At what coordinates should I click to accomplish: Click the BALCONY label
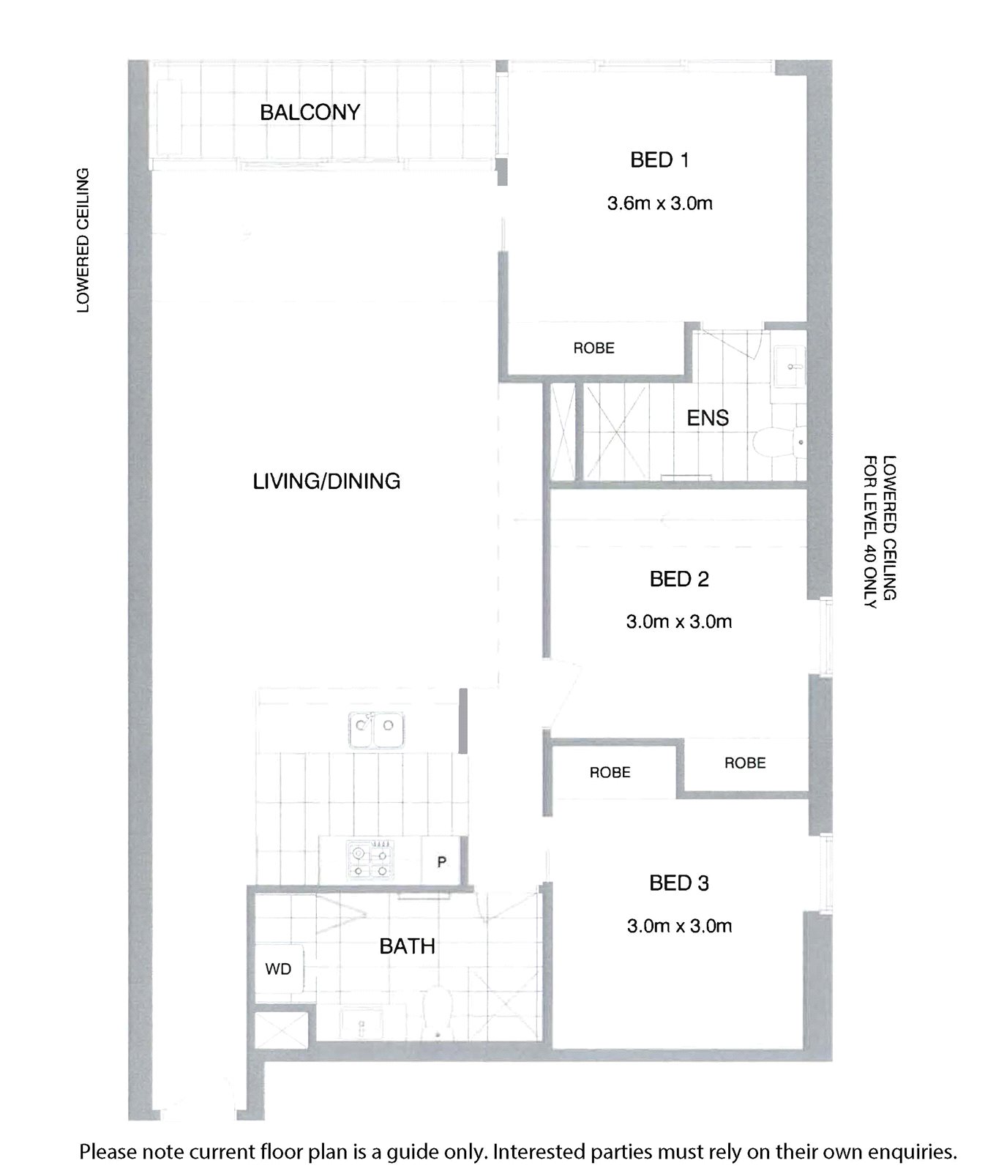tap(310, 113)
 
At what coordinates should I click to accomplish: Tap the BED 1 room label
tap(659, 160)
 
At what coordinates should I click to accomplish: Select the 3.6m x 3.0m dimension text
tap(659, 203)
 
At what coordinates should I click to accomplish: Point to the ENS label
tap(708, 418)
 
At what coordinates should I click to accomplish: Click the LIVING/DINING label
tap(326, 481)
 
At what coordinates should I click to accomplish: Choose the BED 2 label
tap(679, 579)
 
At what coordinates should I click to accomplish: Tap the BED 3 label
tap(679, 883)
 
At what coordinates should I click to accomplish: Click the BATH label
tap(407, 946)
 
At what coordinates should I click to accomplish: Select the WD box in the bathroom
tap(278, 968)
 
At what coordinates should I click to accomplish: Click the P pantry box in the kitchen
tap(442, 861)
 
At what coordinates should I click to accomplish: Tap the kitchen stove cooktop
tap(370, 861)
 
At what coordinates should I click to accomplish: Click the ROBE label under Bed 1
tap(593, 348)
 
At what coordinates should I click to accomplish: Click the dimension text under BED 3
tap(679, 926)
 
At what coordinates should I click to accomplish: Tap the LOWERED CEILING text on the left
tap(83, 241)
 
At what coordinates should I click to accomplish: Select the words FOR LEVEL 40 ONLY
tap(870, 532)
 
